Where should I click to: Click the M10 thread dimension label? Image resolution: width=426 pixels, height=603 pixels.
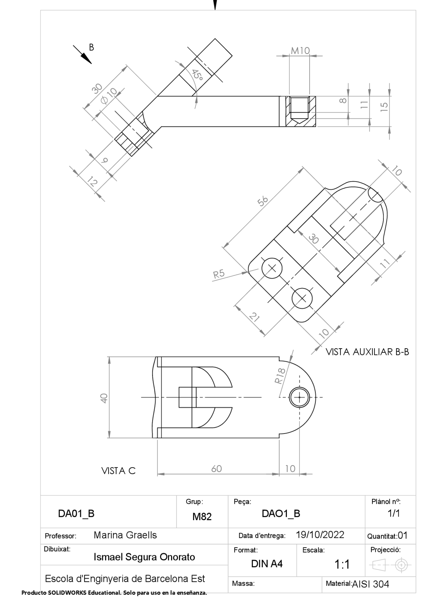coord(300,51)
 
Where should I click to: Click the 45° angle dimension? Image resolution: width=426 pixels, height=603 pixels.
coord(197,75)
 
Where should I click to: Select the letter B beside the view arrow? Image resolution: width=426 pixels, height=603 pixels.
coord(91,47)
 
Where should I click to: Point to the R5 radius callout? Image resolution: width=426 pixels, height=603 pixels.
coord(219,274)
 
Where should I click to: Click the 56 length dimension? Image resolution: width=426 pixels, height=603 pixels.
coord(263,201)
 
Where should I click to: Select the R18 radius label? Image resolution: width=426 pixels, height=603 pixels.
coord(280,376)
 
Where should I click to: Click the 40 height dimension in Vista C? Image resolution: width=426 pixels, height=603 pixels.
coord(104,398)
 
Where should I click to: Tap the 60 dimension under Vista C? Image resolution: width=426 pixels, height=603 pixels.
coord(216,468)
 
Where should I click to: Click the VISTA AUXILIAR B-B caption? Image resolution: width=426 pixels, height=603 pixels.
coord(367,352)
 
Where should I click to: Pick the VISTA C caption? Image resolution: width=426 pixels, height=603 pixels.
coord(118,471)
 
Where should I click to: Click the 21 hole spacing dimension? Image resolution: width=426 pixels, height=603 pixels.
coord(254,317)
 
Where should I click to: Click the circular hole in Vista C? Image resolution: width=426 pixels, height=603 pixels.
coord(300,397)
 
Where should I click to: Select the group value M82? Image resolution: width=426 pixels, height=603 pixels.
coord(202,516)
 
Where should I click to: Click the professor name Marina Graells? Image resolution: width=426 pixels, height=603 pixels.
coord(125,535)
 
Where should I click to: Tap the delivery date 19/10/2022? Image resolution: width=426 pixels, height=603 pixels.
coord(320,535)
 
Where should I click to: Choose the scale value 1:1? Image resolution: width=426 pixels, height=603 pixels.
coord(342,564)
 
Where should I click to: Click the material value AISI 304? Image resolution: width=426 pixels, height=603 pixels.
coord(370,584)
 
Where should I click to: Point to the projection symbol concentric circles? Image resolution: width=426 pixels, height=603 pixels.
coord(401,565)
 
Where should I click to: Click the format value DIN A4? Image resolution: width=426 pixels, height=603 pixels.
coord(267,564)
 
